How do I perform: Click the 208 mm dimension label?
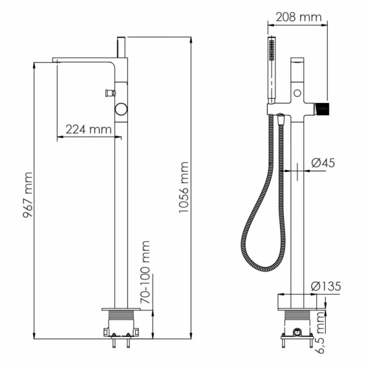(x=298, y=17)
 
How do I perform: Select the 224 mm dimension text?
(x=88, y=129)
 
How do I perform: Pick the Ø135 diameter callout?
(x=325, y=285)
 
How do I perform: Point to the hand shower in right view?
(x=271, y=67)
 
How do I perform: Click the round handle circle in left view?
(x=122, y=110)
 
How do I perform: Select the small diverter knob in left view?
(x=110, y=93)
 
